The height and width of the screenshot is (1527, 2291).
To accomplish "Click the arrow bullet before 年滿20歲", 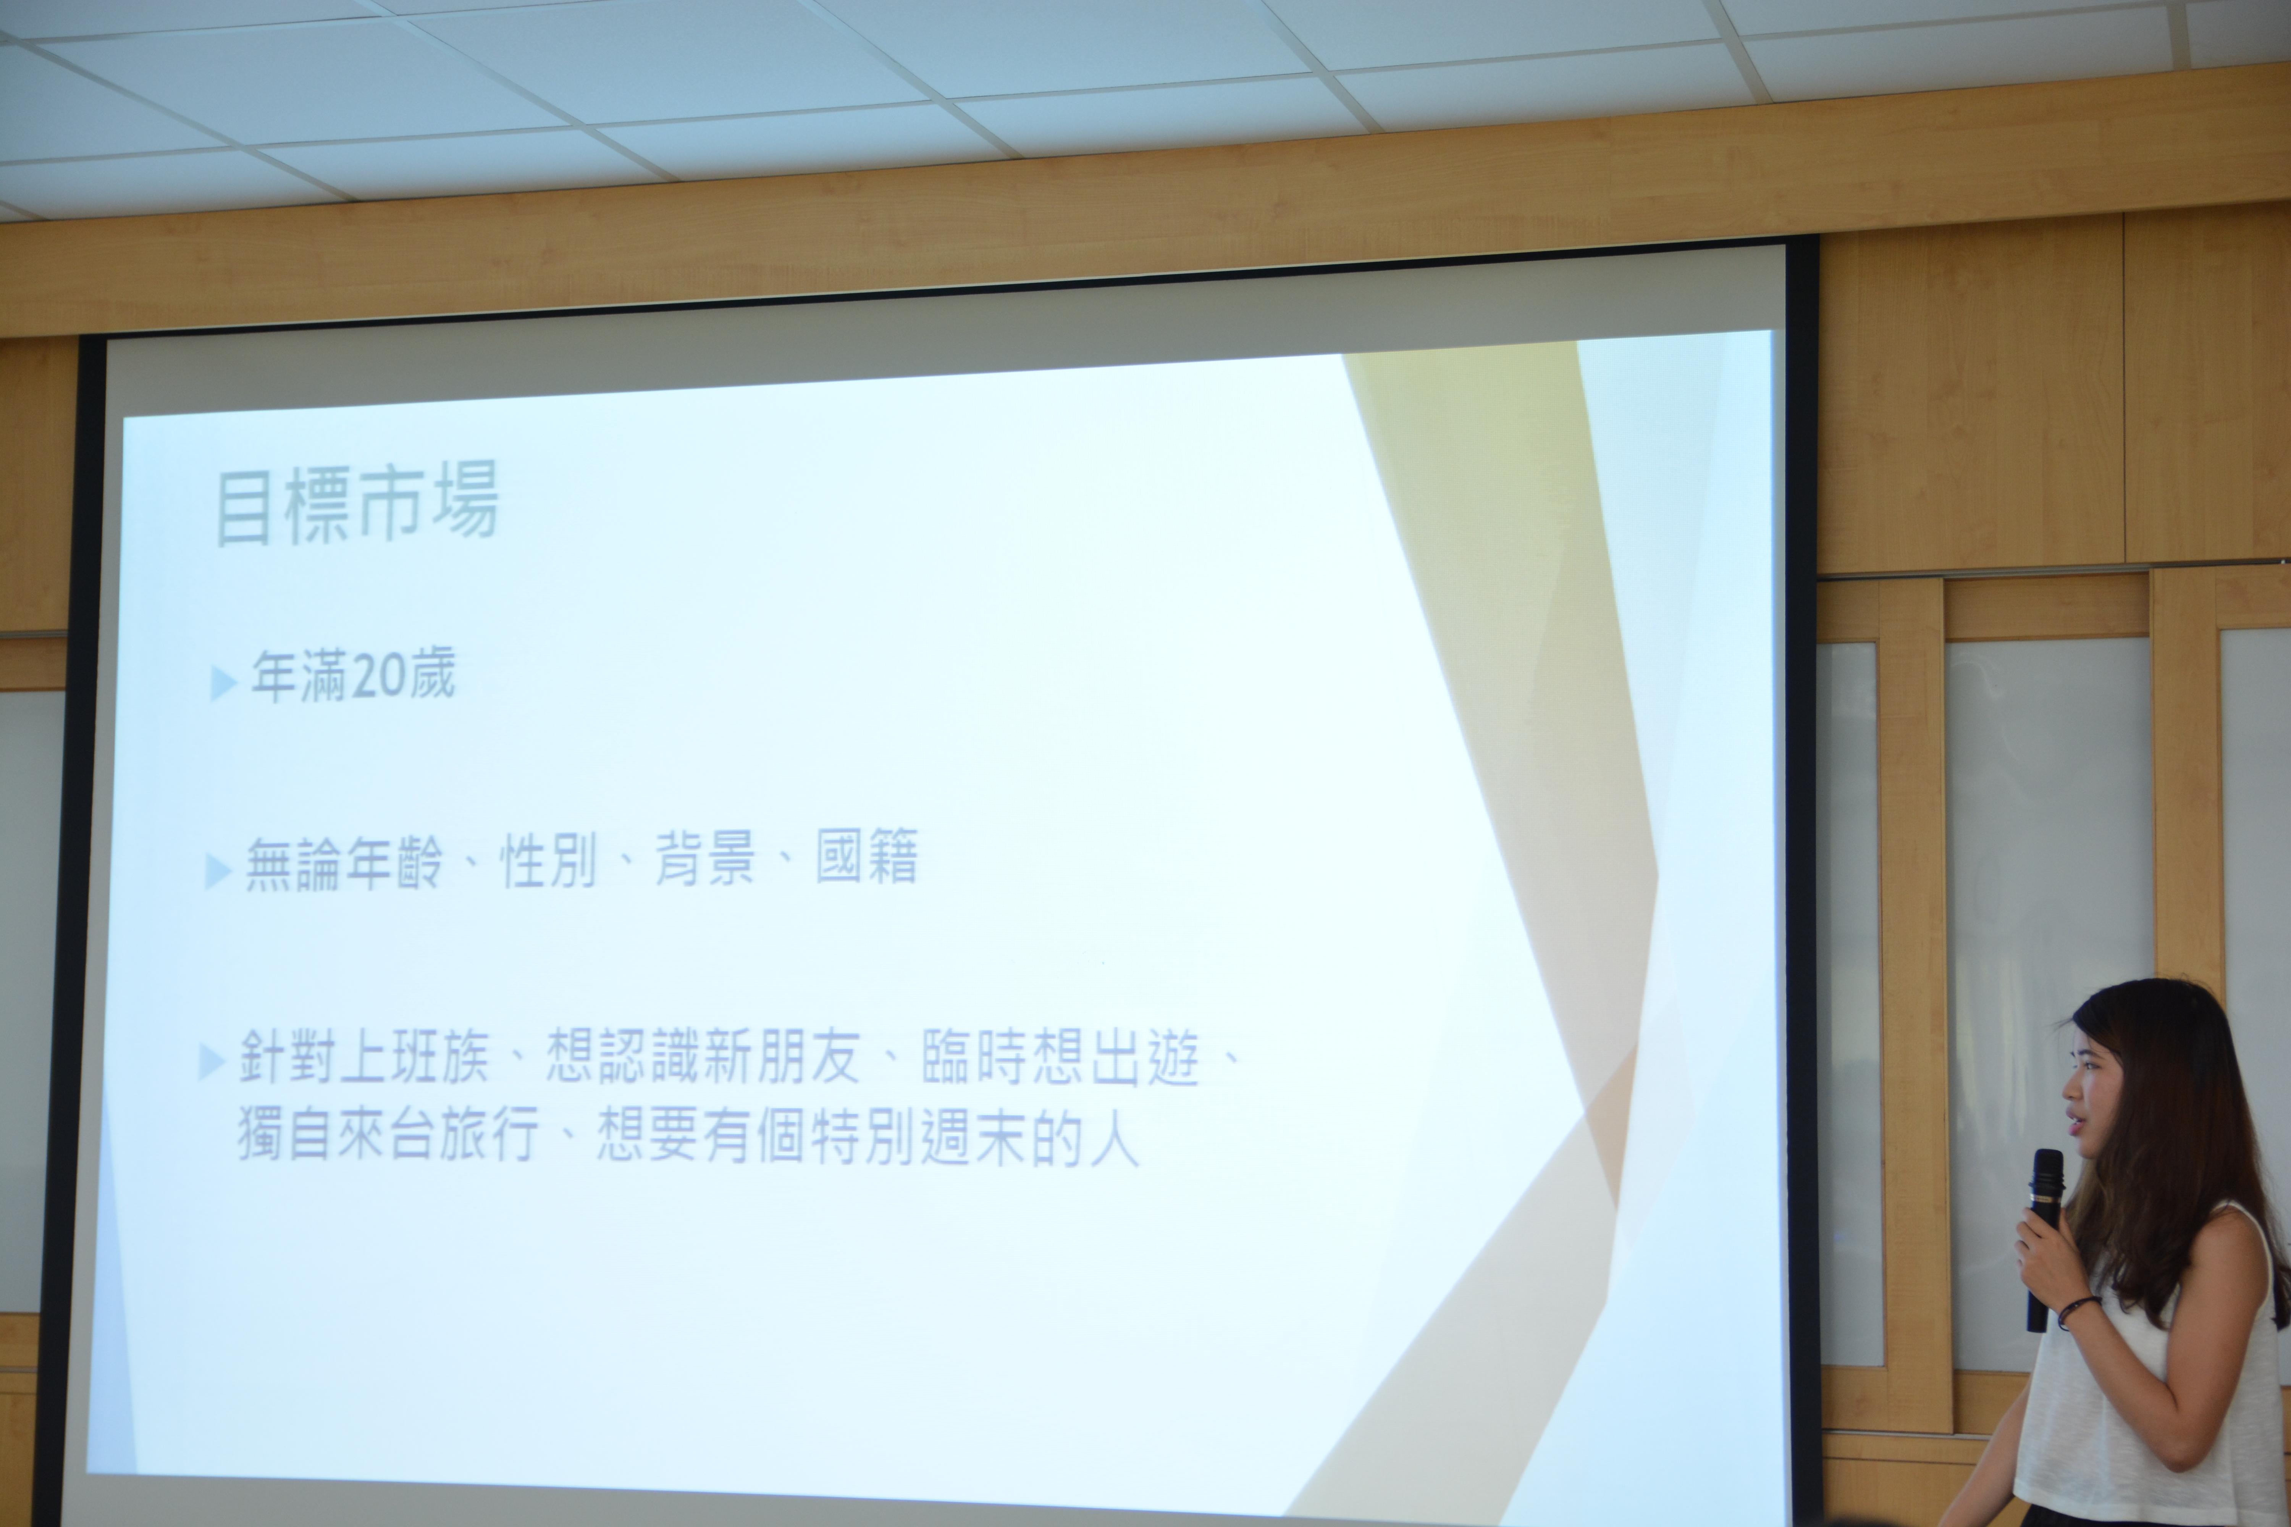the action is coord(223,683).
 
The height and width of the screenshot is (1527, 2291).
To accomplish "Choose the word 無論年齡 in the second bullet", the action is coord(343,862).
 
